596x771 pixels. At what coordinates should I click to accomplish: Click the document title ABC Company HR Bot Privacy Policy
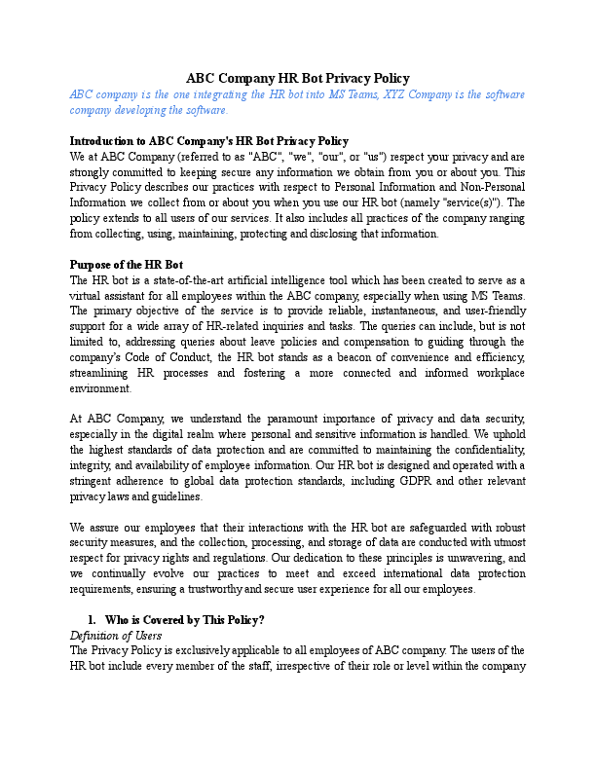pos(298,78)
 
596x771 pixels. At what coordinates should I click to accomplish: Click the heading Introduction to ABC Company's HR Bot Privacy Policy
pos(209,140)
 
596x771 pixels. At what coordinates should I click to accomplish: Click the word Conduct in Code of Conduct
pos(212,358)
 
